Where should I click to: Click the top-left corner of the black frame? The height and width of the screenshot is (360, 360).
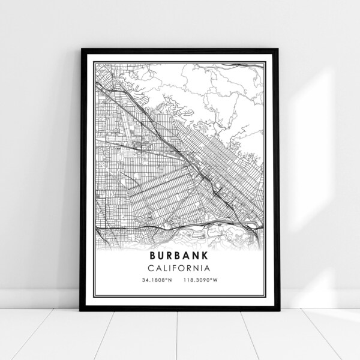click(80, 46)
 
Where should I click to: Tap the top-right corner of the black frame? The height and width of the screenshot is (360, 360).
click(279, 46)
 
